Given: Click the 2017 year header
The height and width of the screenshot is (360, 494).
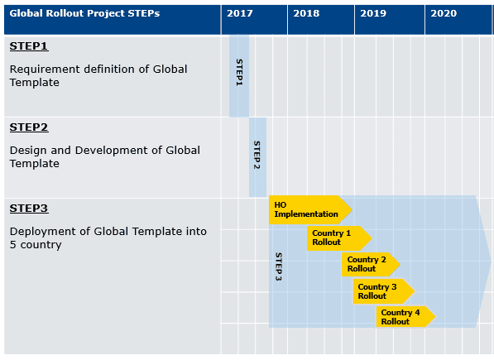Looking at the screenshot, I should point(240,14).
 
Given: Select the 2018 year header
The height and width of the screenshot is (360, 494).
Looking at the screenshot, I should point(306,14).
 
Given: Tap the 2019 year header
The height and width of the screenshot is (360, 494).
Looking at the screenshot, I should point(373,14).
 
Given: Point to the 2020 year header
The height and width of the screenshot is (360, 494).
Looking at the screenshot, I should point(444,14).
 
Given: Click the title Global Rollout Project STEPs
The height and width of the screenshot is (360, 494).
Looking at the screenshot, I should point(84,14).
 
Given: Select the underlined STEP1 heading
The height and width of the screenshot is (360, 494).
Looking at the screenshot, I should point(29,46).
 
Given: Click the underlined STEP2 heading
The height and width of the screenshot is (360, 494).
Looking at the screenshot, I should point(29,127).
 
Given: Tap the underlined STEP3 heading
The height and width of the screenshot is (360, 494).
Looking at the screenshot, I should point(29,209).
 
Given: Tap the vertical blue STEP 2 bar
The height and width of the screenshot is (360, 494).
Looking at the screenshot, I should point(257,156).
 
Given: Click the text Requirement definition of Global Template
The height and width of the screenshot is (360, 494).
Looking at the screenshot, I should point(98,75).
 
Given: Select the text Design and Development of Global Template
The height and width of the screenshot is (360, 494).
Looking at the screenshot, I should point(104,156).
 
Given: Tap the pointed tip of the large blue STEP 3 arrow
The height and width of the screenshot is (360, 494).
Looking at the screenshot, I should point(490,262).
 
